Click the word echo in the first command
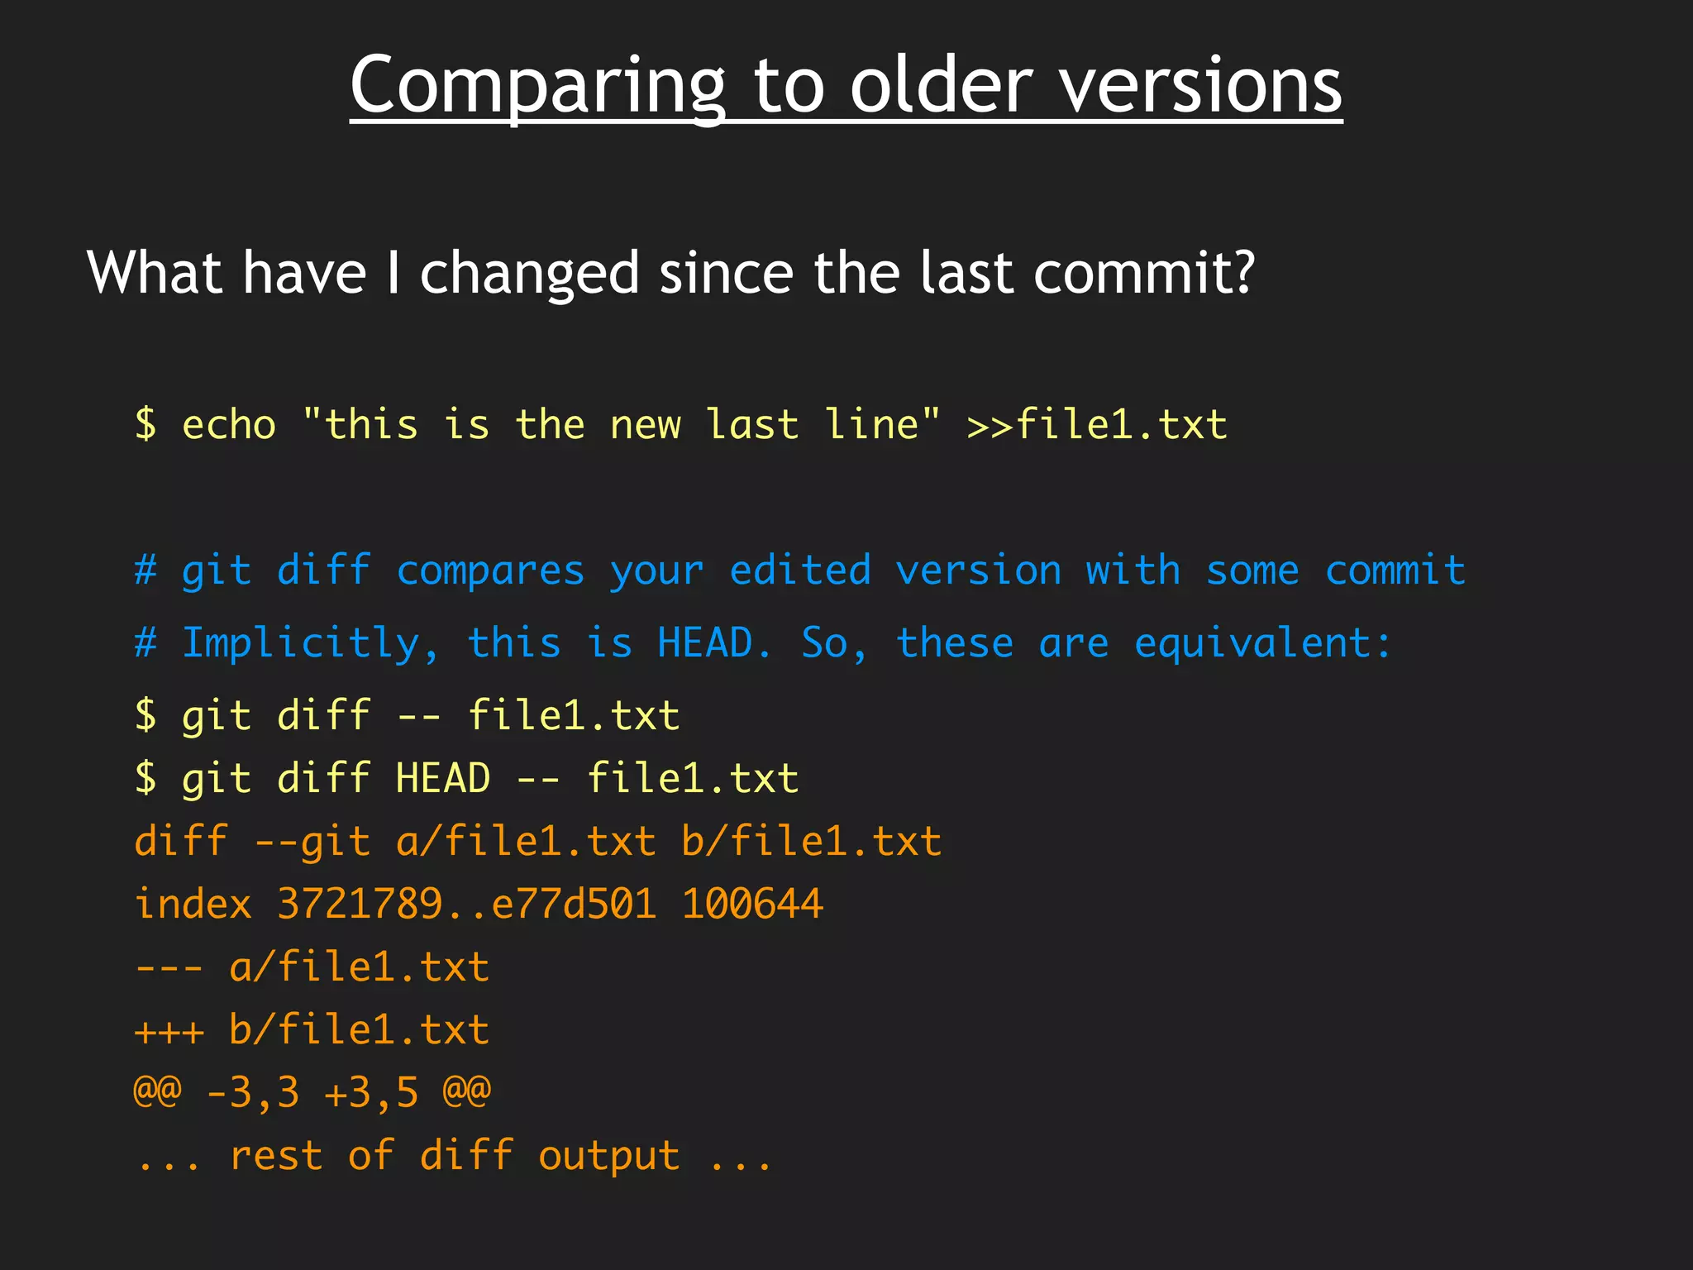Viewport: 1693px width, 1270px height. pyautogui.click(x=229, y=425)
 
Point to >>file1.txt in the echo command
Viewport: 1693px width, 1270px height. pyautogui.click(x=1097, y=425)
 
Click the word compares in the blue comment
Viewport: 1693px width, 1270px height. pyautogui.click(x=490, y=571)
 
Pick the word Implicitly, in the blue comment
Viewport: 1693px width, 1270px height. pyautogui.click(x=311, y=644)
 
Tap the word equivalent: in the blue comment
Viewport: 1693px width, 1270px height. pyautogui.click(x=1263, y=644)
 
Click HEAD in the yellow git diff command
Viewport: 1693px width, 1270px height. pyautogui.click(x=443, y=779)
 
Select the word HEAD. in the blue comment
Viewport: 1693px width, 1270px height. pyautogui.click(x=715, y=644)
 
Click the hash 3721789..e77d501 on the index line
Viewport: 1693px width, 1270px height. pyautogui.click(x=467, y=904)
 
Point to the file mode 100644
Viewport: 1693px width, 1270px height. pyautogui.click(x=752, y=904)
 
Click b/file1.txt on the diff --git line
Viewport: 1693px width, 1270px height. pyautogui.click(x=812, y=842)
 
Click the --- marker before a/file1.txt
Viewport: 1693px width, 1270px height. pyautogui.click(x=169, y=967)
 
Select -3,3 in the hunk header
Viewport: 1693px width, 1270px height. pyautogui.click(x=252, y=1093)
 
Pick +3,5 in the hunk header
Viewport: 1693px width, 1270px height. pyautogui.click(x=371, y=1093)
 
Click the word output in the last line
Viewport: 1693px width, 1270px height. pyautogui.click(x=609, y=1156)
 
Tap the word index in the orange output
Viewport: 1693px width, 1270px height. pyautogui.click(x=193, y=904)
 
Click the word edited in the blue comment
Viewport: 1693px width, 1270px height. pyautogui.click(x=800, y=571)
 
